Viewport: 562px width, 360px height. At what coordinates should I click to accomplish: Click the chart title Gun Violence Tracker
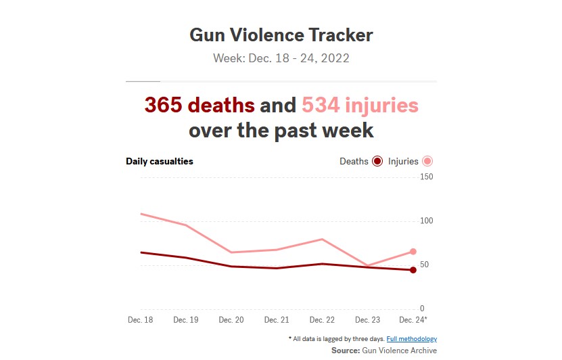coord(281,35)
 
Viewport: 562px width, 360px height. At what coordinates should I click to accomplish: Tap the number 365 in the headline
coord(163,105)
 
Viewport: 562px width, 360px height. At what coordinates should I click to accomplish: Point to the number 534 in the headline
coord(321,105)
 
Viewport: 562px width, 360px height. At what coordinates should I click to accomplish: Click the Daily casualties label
coord(160,161)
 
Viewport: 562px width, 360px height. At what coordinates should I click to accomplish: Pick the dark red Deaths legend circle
coord(377,161)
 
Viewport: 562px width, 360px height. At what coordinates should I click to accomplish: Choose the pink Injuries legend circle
coord(427,161)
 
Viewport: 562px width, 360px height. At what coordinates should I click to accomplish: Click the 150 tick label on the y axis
coord(427,177)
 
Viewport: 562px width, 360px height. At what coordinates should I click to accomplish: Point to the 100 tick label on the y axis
coord(427,221)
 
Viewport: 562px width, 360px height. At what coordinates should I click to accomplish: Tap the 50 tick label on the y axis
coord(424,265)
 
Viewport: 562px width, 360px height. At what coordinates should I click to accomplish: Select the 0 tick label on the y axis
coord(422,309)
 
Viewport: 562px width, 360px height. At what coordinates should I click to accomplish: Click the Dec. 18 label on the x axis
coord(141,320)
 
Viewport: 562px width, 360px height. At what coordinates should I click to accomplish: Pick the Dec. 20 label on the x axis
coord(231,320)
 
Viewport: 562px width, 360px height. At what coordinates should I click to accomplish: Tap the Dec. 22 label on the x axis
coord(322,320)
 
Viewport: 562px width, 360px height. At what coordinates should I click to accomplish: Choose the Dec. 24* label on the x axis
coord(413,320)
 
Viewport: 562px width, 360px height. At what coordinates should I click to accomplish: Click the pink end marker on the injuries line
coord(413,252)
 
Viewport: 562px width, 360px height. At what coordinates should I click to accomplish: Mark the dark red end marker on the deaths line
coord(413,270)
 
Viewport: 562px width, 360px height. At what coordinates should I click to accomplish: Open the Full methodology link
coord(412,339)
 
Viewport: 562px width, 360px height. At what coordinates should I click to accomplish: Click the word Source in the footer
coord(346,351)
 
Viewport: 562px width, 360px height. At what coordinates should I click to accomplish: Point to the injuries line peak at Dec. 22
coord(322,239)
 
